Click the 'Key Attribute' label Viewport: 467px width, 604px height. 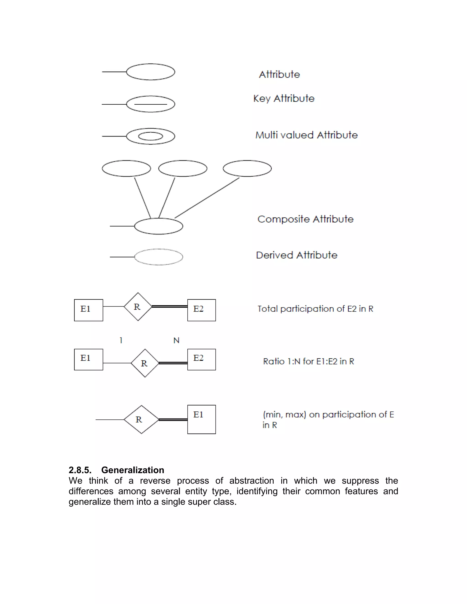[x=284, y=99]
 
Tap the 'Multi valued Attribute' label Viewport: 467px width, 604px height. [x=306, y=135]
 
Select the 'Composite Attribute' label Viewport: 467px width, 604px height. [x=305, y=219]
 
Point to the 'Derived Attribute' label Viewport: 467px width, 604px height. [x=297, y=255]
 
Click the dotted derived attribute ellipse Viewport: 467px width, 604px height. [x=158, y=257]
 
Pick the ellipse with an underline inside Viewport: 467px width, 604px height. [x=150, y=104]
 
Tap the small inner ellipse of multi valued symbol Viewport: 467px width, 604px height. [x=150, y=136]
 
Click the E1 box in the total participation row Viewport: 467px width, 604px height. [x=88, y=310]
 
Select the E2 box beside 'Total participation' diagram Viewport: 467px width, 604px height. [x=201, y=310]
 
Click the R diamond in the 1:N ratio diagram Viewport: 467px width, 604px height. [x=145, y=363]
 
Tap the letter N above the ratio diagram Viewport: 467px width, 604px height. [x=176, y=341]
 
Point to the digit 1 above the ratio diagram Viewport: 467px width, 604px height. [x=121, y=341]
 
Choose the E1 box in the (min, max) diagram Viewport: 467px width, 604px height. [x=201, y=419]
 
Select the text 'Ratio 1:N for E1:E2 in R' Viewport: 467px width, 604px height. [x=309, y=361]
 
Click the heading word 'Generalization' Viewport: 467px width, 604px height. [x=132, y=470]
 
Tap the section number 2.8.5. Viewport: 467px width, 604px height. [x=80, y=470]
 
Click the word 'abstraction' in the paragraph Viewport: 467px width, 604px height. [x=252, y=481]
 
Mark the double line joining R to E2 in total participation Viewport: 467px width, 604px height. [x=169, y=306]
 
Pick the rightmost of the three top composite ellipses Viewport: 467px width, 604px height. [x=247, y=168]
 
